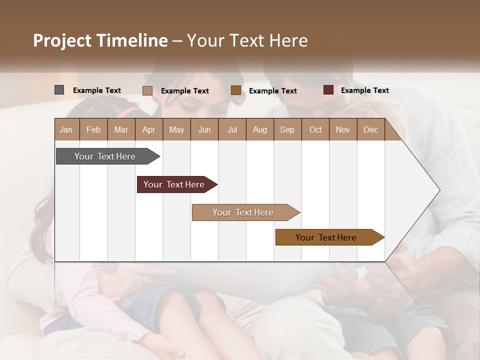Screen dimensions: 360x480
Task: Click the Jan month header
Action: pos(66,129)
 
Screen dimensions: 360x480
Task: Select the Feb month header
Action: pos(93,129)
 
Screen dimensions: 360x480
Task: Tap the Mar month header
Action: pos(121,129)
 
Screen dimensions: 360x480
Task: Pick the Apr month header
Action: pos(148,129)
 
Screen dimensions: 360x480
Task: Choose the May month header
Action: pos(176,129)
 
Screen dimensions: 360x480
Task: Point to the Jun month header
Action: pos(204,129)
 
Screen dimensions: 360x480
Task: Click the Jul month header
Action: pos(232,129)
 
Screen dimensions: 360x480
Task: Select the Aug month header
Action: pos(259,129)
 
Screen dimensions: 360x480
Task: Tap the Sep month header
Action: pos(287,129)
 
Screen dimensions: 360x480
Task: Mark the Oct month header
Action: pos(315,129)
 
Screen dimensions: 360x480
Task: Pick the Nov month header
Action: pos(343,129)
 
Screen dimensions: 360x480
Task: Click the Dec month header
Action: pos(370,129)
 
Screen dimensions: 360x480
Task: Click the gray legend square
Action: pos(59,90)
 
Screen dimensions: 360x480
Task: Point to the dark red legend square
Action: pos(328,90)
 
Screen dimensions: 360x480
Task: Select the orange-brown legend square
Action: pos(236,90)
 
